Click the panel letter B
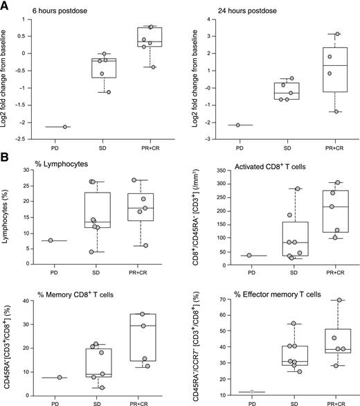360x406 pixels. pos(6,164)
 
